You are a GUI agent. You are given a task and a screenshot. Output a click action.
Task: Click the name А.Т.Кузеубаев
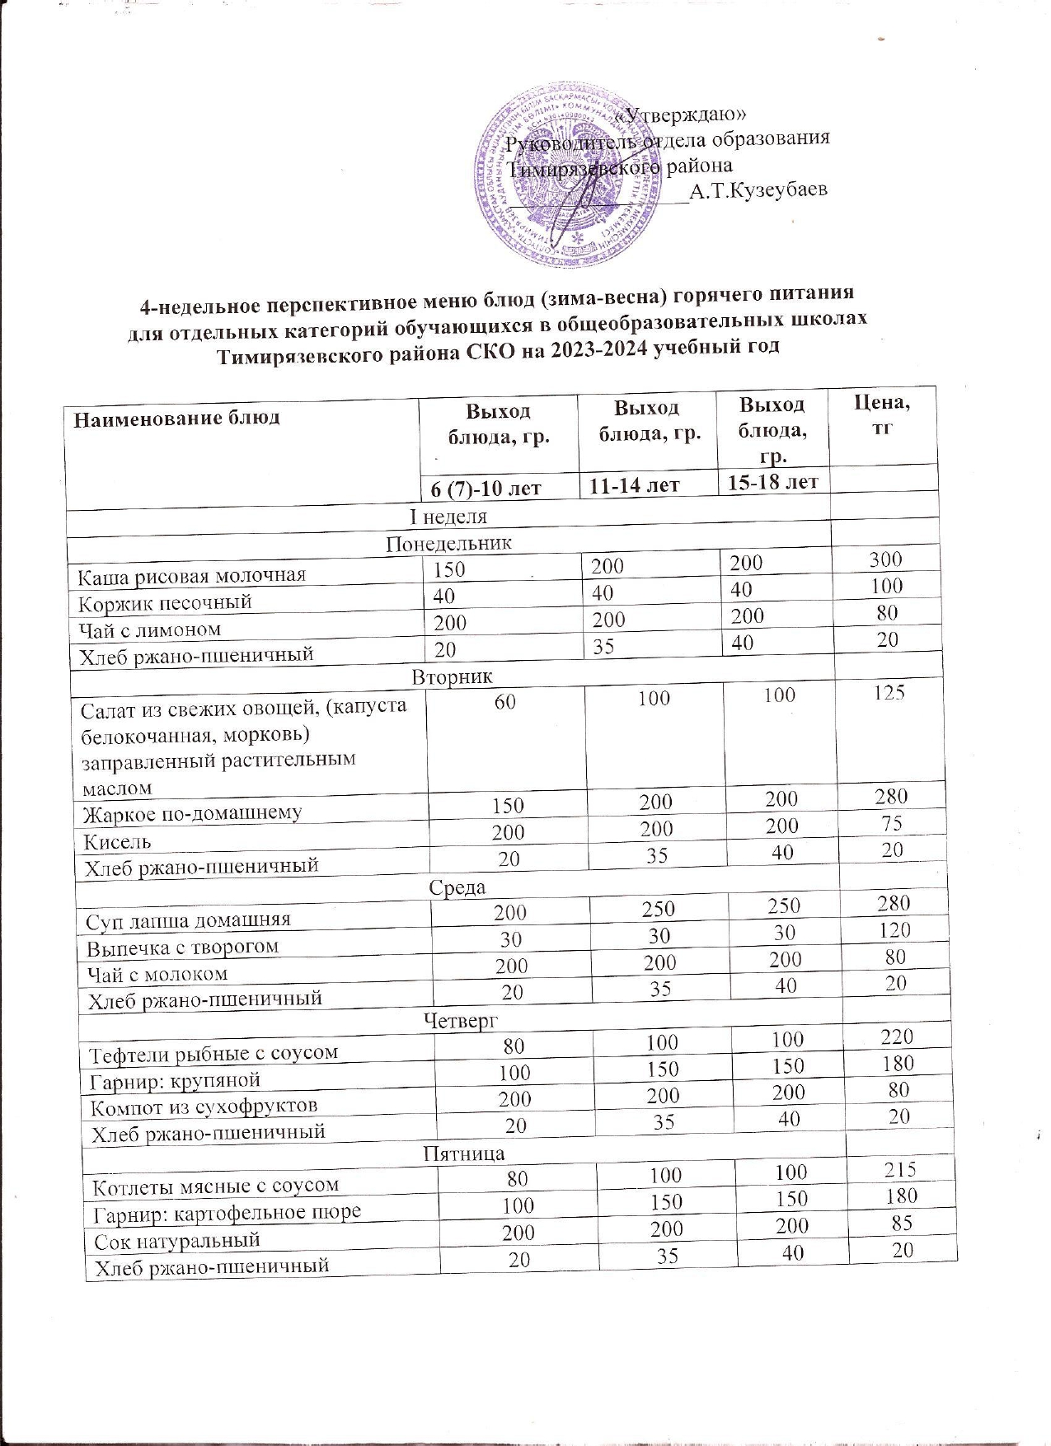[x=758, y=192]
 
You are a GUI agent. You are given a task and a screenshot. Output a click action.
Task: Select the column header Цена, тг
[x=883, y=415]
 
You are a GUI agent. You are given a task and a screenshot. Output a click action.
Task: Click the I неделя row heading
[x=449, y=517]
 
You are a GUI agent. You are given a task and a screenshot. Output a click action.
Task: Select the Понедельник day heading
[x=449, y=544]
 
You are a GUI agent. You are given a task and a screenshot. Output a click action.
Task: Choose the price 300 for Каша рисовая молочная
[x=885, y=559]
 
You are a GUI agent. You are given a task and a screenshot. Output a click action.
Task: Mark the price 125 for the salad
[x=889, y=692]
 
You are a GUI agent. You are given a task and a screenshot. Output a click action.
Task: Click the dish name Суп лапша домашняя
[x=188, y=918]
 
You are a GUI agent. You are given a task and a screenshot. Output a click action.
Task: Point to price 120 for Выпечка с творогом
[x=893, y=930]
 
